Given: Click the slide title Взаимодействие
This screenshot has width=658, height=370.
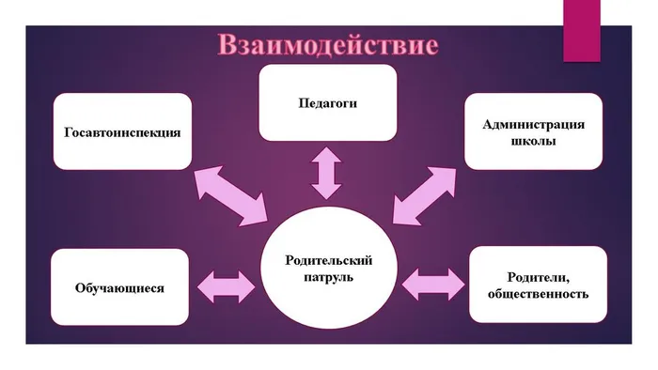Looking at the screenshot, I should [328, 44].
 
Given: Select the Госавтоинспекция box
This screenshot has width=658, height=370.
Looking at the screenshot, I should [122, 131].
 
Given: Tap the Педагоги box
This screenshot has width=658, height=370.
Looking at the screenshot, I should [327, 101].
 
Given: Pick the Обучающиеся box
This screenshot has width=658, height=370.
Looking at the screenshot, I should [120, 287].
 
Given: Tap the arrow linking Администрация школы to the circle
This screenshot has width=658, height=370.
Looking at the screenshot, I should [424, 195].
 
